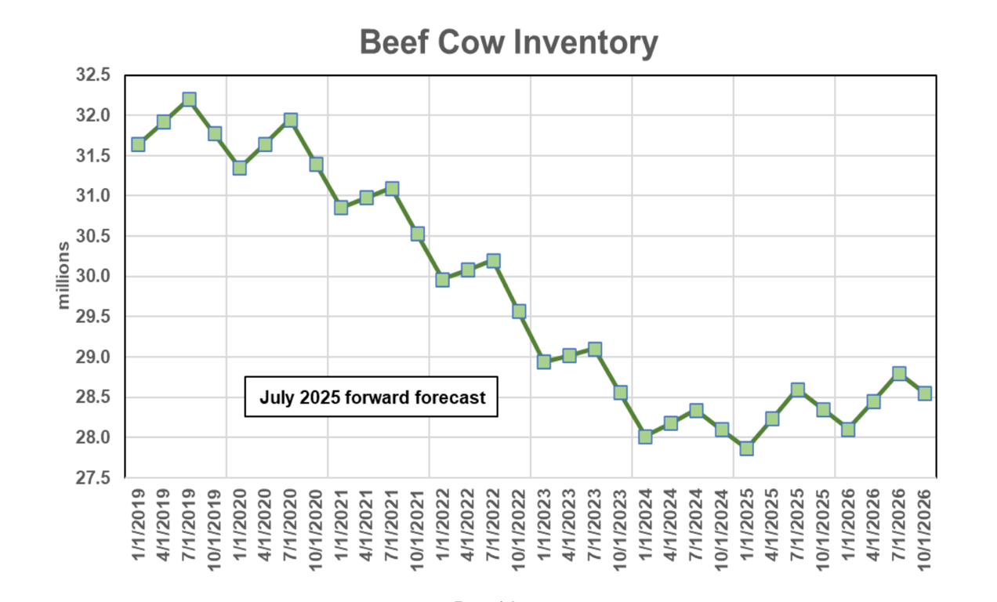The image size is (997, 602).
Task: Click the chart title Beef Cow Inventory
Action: [508, 42]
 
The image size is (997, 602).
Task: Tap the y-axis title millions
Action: [63, 276]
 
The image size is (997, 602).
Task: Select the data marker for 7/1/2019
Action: [189, 100]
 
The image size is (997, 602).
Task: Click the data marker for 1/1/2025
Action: [746, 448]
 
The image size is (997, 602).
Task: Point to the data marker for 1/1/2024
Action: [645, 437]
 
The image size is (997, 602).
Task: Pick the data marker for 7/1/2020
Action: [290, 120]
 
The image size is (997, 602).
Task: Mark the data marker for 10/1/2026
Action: [924, 393]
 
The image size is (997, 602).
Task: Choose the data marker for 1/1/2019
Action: [138, 144]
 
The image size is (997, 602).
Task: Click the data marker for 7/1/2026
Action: [899, 373]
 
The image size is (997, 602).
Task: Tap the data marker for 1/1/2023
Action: [544, 361]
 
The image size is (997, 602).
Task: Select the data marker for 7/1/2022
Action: [493, 261]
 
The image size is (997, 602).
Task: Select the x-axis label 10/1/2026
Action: [924, 525]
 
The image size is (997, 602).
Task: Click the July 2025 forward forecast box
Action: [372, 397]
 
